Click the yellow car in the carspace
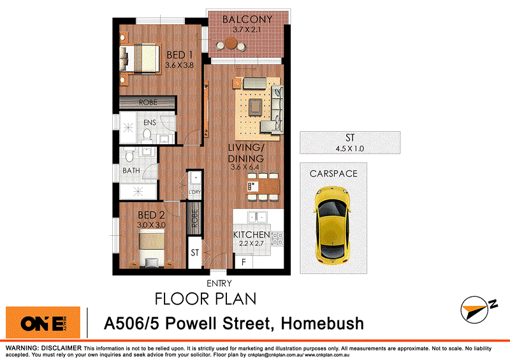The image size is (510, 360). (332, 225)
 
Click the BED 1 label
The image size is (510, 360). (179, 54)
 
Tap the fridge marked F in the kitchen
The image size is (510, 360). (243, 262)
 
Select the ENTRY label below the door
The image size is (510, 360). (219, 284)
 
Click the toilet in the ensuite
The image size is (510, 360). (147, 134)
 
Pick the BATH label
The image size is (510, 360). (131, 171)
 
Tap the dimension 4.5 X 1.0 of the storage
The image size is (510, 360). (349, 149)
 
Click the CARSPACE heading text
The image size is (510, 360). (333, 173)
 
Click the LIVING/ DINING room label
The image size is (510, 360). (246, 153)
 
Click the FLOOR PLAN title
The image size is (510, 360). (206, 298)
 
